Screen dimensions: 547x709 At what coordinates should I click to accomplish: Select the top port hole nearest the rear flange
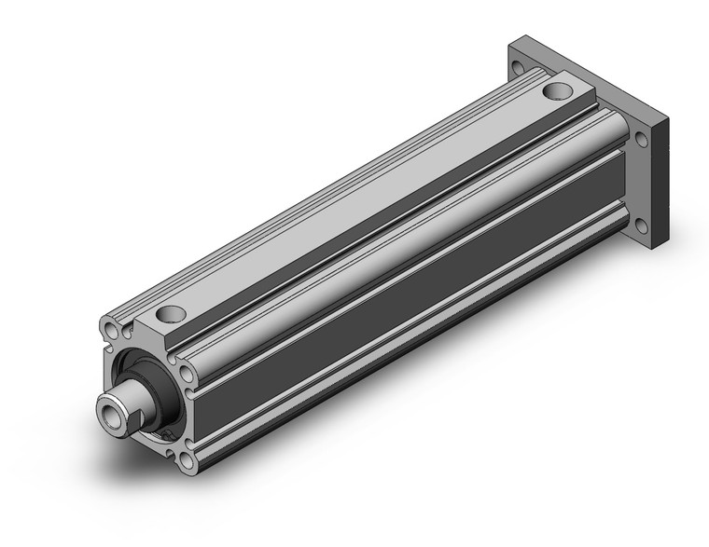click(559, 91)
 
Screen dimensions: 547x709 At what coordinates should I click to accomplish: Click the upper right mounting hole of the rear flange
click(642, 143)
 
